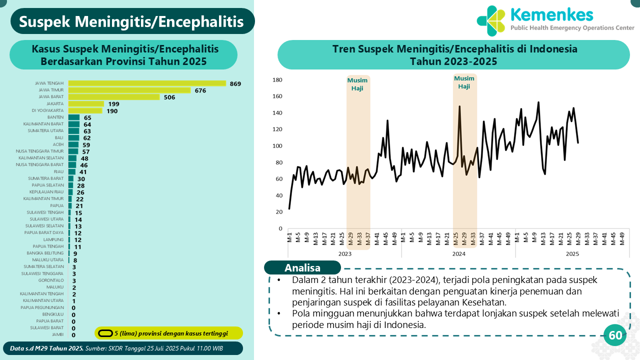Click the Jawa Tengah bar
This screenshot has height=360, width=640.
147,83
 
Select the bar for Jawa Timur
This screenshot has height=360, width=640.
129,90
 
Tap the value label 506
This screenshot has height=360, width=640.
169,97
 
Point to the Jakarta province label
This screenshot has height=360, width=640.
55,103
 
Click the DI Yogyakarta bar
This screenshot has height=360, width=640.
85,110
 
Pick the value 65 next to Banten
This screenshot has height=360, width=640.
87,117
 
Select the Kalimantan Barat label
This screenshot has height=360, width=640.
43,124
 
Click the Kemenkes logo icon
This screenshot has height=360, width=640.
491,20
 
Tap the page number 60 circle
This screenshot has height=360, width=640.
615,335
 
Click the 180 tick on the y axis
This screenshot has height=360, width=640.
277,80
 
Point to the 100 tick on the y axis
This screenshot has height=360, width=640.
277,146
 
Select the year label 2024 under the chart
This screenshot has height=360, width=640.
458,254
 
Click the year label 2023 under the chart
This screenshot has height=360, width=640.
344,254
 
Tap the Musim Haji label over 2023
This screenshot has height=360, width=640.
357,84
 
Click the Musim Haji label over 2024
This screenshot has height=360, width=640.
464,82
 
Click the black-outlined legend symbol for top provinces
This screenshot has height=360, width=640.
105,333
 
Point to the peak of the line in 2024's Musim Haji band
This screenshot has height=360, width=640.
459,106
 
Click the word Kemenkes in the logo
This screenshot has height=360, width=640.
551,15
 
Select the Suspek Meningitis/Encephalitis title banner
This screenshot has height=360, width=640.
132,21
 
